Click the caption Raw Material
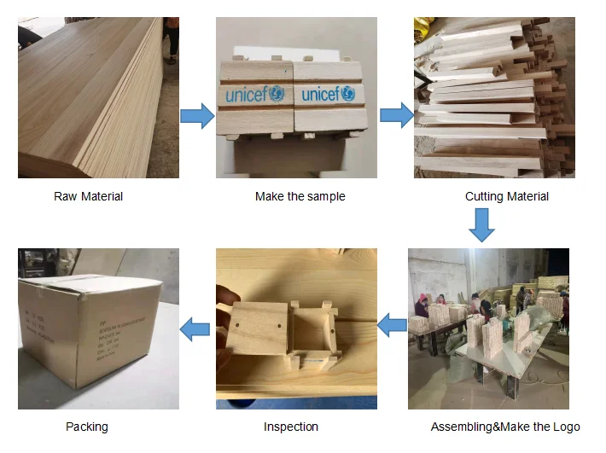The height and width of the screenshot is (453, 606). click(88, 196)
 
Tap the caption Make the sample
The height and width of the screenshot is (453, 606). click(300, 196)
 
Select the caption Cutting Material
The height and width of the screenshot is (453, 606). click(506, 196)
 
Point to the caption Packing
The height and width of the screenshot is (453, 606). click(87, 427)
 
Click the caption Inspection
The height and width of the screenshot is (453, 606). click(291, 427)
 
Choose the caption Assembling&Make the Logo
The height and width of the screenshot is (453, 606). click(504, 427)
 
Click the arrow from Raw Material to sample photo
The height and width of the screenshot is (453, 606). click(197, 115)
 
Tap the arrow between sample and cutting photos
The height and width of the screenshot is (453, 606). click(395, 115)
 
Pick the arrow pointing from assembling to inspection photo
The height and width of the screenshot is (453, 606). click(393, 325)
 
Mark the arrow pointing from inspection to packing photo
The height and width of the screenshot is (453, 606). click(198, 328)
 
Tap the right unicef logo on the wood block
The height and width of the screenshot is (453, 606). click(329, 94)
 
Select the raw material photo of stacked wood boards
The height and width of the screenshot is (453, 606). click(98, 97)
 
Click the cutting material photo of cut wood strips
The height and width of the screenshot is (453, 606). click(494, 97)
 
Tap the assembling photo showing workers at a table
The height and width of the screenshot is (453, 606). click(488, 328)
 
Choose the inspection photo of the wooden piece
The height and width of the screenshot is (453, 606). click(295, 328)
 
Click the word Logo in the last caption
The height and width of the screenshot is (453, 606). click(566, 427)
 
